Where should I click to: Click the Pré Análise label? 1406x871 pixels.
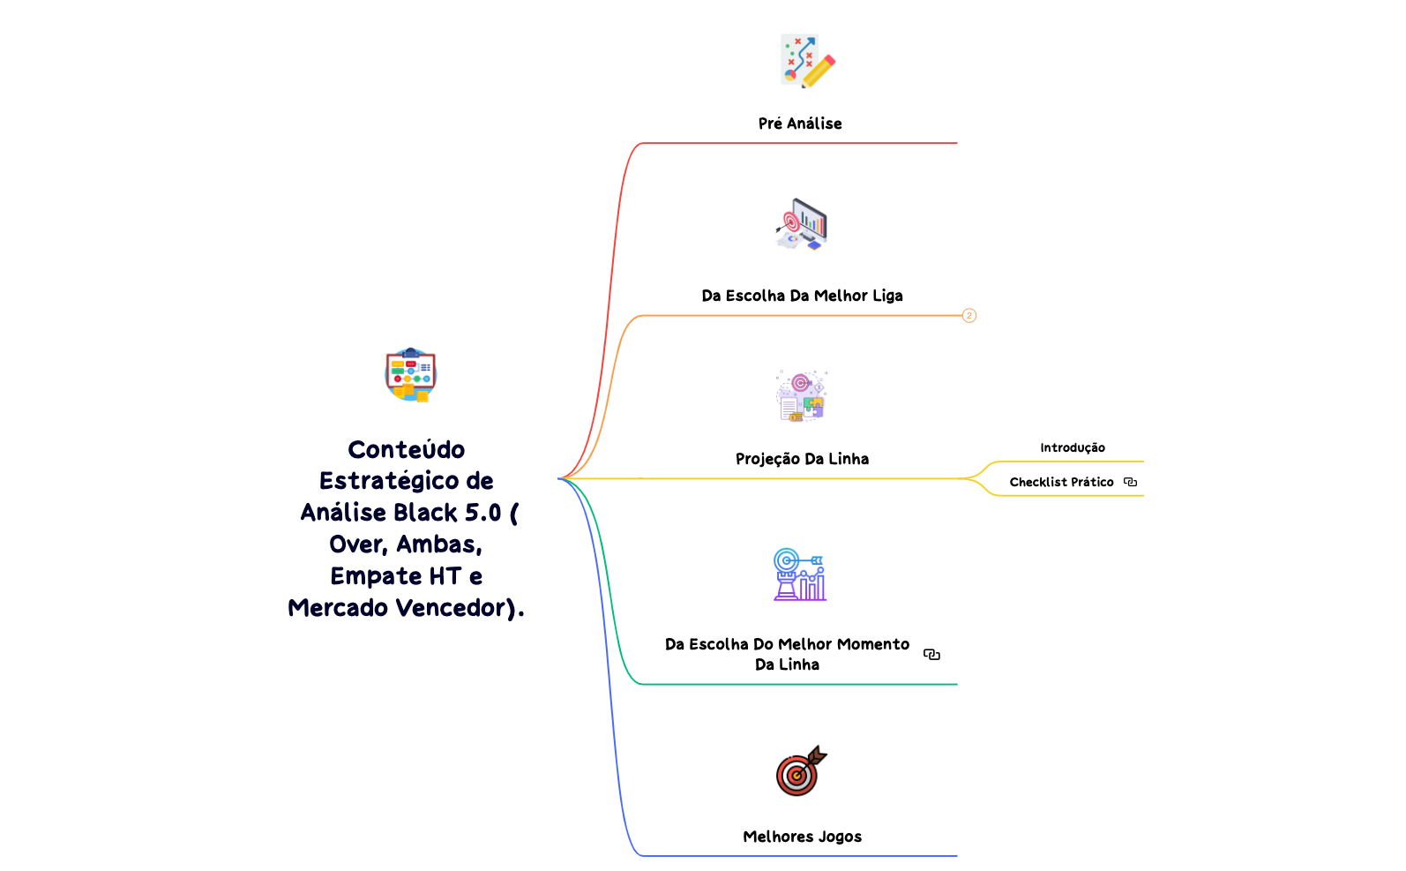800,124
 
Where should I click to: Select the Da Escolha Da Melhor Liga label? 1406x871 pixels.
802,296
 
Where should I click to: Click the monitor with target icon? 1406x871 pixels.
802,224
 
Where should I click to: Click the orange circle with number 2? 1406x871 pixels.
969,315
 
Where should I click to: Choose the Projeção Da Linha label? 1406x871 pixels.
802,459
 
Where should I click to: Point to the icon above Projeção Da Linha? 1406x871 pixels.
801,395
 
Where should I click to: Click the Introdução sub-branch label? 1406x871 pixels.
1072,447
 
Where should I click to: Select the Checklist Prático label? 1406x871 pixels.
1061,482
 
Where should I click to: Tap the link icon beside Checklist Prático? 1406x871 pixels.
1130,482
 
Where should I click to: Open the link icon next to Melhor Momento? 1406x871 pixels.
931,654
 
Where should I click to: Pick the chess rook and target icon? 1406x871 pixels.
800,574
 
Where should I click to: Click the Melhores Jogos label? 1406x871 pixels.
802,837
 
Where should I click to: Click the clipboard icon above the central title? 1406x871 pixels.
410,374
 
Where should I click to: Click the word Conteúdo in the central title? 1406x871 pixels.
407,449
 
